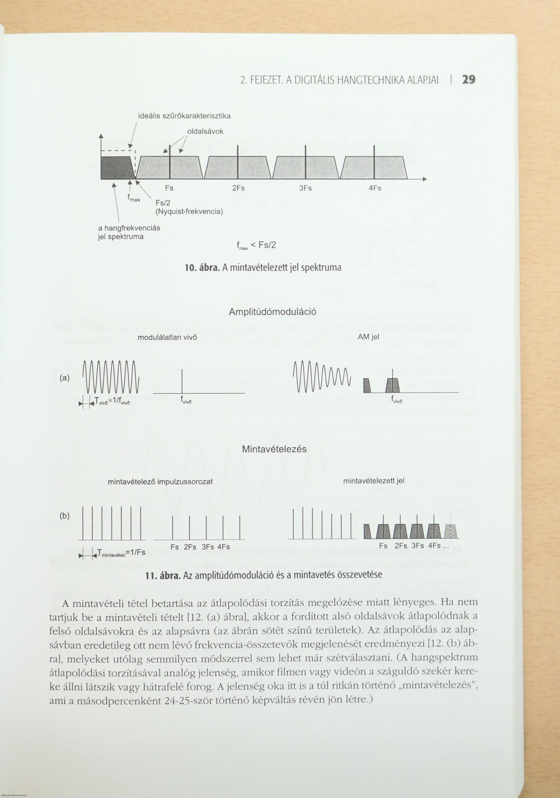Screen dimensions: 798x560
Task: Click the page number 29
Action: (x=468, y=80)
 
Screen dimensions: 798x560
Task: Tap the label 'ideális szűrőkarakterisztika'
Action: (x=184, y=116)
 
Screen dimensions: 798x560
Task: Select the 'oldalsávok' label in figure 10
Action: (x=205, y=132)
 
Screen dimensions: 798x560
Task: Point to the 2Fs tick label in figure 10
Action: (x=238, y=188)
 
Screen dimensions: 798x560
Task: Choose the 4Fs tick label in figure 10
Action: (x=375, y=188)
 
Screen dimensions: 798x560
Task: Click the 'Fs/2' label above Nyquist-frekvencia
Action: (x=163, y=203)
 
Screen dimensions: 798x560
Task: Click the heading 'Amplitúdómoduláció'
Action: (x=272, y=312)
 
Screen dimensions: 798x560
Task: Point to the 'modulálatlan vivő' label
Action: (x=167, y=337)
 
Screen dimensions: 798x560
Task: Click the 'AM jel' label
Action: (x=368, y=337)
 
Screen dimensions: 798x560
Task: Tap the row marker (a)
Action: (x=65, y=378)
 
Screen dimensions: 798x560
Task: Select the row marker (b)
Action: (x=65, y=516)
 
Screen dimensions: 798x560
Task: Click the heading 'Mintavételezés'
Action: (x=274, y=449)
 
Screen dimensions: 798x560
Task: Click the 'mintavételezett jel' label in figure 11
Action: (x=373, y=481)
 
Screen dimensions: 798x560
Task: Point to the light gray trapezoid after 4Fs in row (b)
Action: (x=450, y=531)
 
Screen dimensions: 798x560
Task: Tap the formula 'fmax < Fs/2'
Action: (x=256, y=245)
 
